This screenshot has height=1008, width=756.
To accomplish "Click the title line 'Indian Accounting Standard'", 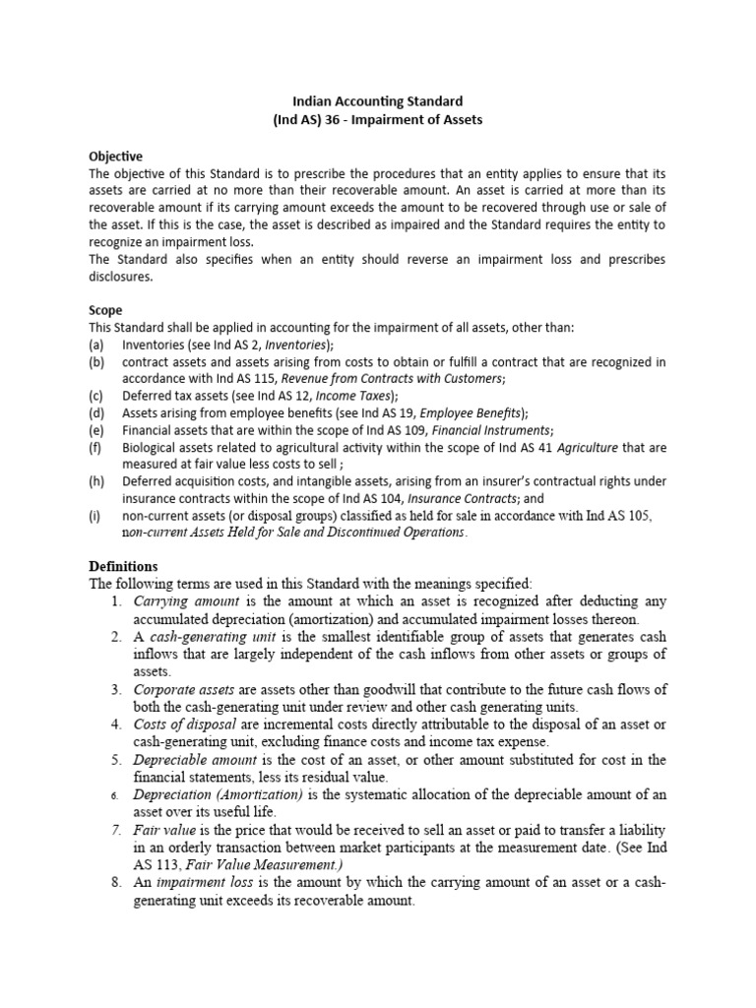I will (379, 100).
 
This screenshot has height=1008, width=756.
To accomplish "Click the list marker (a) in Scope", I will (95, 345).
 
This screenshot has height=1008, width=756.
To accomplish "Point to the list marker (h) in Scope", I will (95, 481).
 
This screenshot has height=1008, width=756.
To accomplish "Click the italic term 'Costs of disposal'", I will (185, 724).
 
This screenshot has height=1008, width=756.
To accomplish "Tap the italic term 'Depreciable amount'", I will (195, 760).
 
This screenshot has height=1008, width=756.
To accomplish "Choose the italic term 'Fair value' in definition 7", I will (165, 830).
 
